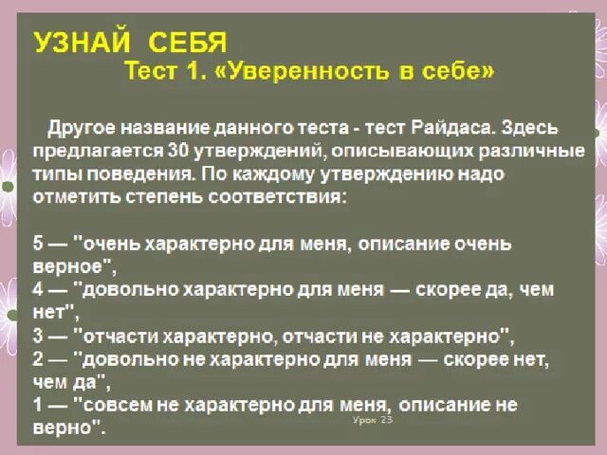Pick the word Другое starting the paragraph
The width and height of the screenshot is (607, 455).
pyautogui.click(x=85, y=128)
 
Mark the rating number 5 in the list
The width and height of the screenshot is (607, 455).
pyautogui.click(x=38, y=244)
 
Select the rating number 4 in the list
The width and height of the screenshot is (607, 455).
pyautogui.click(x=38, y=289)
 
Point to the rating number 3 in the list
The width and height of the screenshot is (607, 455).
pyautogui.click(x=38, y=336)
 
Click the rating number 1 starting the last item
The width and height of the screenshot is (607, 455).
pyautogui.click(x=38, y=405)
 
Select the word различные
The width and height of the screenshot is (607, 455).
pyautogui.click(x=531, y=151)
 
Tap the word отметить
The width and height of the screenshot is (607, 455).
pyautogui.click(x=75, y=197)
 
